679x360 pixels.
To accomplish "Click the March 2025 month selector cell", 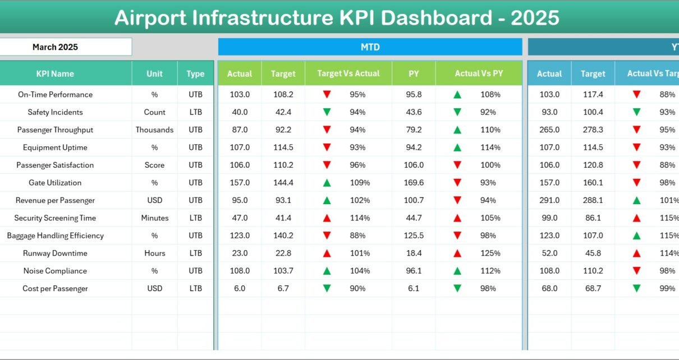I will tap(55, 47).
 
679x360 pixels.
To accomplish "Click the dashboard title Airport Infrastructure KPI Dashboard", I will tap(337, 18).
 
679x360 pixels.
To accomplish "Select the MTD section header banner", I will tap(370, 47).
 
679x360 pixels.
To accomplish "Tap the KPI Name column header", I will tap(55, 73).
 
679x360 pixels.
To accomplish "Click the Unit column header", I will tap(154, 73).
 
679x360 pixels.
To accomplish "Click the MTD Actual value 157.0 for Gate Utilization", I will tap(240, 183).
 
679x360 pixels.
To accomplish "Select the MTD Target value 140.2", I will tap(283, 236).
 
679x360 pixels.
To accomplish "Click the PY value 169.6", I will tap(414, 183).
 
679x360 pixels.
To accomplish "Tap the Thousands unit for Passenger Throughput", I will tap(154, 130).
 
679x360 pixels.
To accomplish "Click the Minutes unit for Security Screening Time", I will tap(154, 218).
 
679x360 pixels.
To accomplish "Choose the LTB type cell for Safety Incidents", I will tap(195, 112).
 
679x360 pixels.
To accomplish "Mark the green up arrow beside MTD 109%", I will tap(327, 183).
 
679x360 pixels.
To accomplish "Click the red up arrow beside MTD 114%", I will tap(327, 218).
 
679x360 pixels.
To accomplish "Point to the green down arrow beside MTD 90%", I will tap(327, 289).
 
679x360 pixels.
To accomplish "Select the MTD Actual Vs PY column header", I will tap(479, 73).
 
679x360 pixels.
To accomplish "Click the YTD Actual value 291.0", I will tap(549, 200).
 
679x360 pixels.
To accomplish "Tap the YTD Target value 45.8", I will tap(593, 253).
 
